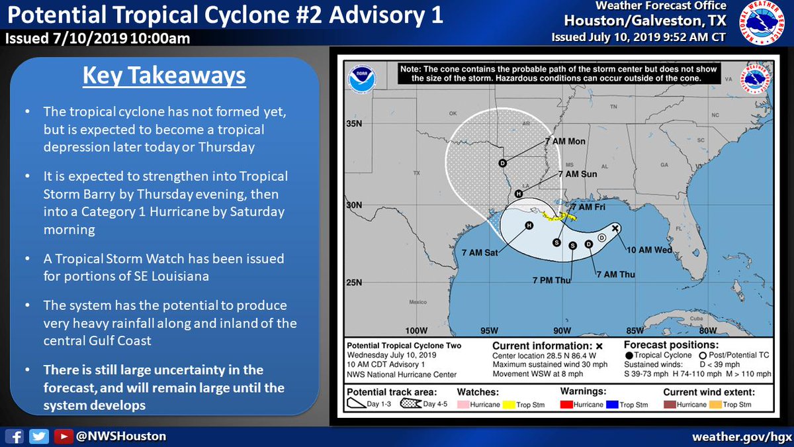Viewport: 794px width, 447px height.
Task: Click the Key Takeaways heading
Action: click(164, 75)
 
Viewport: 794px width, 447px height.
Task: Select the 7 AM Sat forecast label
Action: click(482, 252)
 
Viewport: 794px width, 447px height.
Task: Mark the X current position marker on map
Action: click(615, 228)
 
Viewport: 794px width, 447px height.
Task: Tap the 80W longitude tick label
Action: click(708, 331)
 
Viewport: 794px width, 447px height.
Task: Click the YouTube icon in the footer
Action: click(62, 436)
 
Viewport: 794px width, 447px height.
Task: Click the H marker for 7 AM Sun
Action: click(519, 194)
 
